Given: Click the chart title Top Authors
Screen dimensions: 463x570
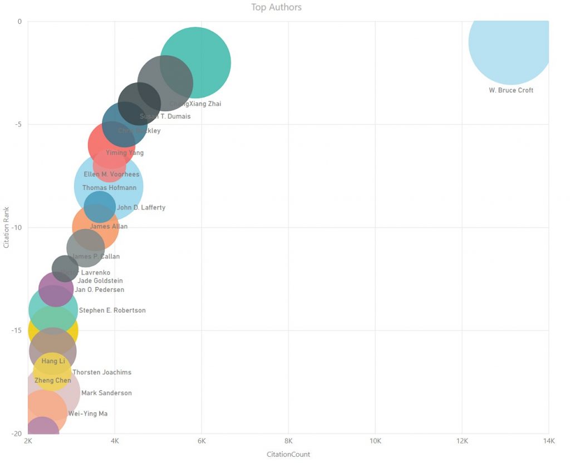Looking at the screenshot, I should tap(276, 7).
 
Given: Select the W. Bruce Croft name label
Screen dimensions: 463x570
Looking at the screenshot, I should tap(511, 90).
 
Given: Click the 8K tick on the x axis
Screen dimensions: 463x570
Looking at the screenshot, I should tap(288, 441).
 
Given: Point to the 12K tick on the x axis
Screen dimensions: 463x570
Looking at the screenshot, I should tap(462, 441).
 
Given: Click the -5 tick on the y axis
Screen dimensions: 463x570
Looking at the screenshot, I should tap(17, 124).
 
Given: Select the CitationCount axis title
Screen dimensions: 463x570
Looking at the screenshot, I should tap(288, 454).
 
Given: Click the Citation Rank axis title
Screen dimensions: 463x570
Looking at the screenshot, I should tap(7, 227).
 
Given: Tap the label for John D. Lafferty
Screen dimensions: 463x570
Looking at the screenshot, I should tap(141, 208).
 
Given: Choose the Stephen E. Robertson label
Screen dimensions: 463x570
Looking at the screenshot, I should tap(112, 310).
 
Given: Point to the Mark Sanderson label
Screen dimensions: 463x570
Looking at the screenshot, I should tap(106, 393).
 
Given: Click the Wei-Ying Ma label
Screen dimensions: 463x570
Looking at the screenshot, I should tap(88, 413).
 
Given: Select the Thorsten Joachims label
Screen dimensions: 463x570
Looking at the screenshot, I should tap(102, 372).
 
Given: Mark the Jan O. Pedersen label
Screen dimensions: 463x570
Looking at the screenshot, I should tap(99, 290).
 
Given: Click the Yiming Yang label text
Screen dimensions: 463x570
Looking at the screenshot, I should tap(125, 153).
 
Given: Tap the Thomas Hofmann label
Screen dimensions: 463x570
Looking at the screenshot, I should tap(109, 188).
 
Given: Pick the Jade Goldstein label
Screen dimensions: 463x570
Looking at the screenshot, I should tap(100, 281).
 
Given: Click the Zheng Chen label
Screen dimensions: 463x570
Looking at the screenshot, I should tap(53, 381).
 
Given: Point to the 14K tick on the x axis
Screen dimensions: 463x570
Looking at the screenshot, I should tap(549, 441).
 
